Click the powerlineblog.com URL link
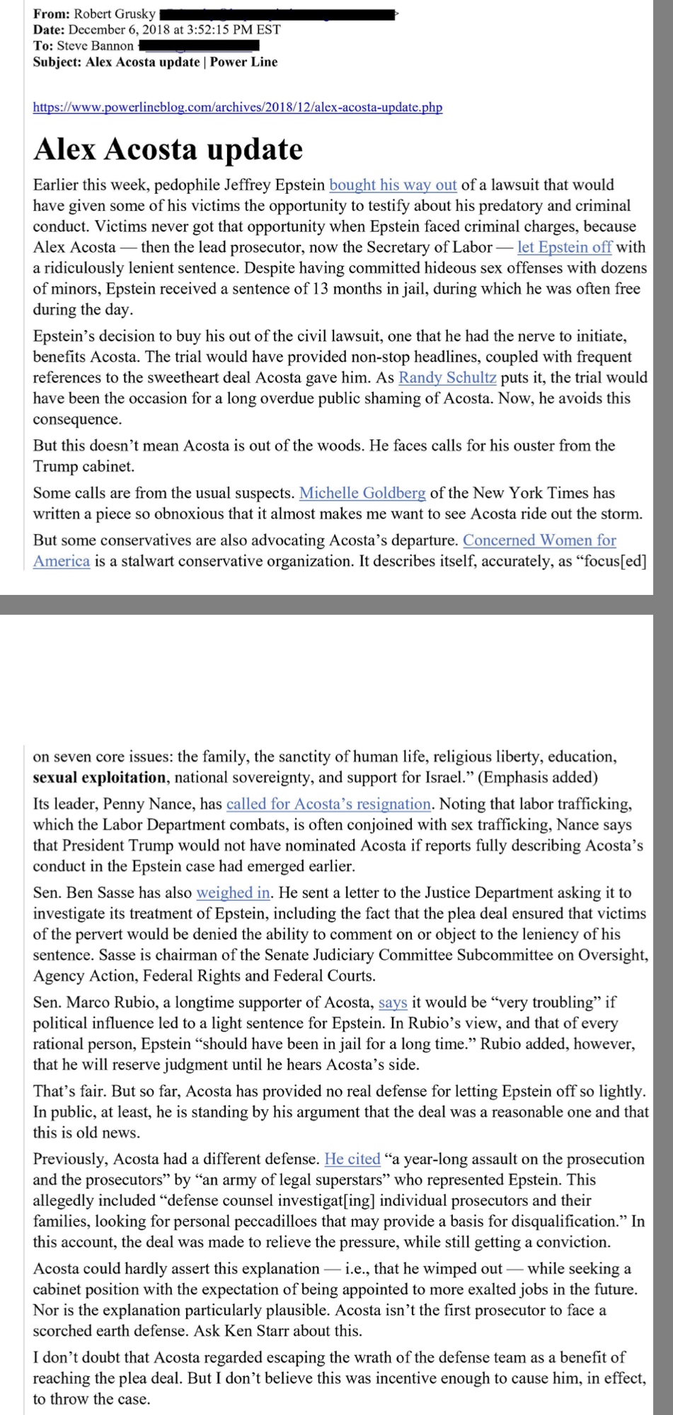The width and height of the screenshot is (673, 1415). [x=237, y=108]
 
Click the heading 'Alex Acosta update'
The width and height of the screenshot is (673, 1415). [x=168, y=149]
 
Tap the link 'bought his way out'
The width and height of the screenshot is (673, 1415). [x=393, y=185]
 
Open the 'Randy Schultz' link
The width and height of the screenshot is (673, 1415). [x=447, y=378]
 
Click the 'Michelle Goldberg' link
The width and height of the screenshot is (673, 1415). [x=362, y=493]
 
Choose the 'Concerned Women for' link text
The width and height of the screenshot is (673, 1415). [x=539, y=541]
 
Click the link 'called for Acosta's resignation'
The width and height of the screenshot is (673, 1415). [x=328, y=804]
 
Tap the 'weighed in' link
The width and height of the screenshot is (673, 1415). [x=233, y=893]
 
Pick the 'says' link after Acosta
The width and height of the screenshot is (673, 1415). [x=393, y=1003]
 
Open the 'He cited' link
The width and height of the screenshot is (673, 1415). [x=352, y=1160]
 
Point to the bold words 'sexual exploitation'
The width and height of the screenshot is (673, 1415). [x=99, y=778]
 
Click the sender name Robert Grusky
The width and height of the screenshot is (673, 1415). [x=115, y=14]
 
